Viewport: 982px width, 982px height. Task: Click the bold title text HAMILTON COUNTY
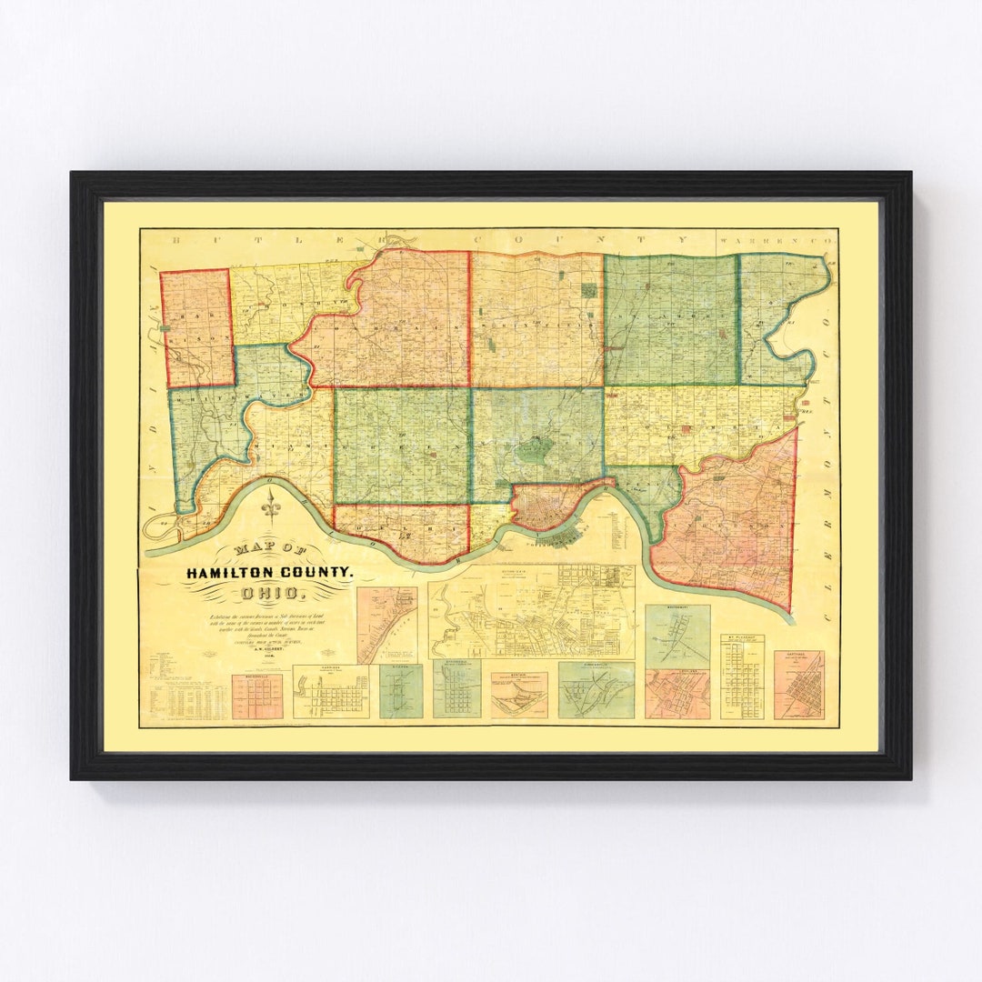tap(267, 573)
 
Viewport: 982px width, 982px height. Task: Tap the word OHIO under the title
tap(267, 595)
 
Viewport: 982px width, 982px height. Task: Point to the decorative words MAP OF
tap(270, 551)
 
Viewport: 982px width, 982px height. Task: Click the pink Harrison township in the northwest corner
tap(196, 327)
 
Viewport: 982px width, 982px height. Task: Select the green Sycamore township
tap(670, 318)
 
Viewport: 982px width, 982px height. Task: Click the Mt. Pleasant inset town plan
tap(742, 677)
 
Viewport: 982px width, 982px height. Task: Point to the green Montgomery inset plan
tap(677, 635)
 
